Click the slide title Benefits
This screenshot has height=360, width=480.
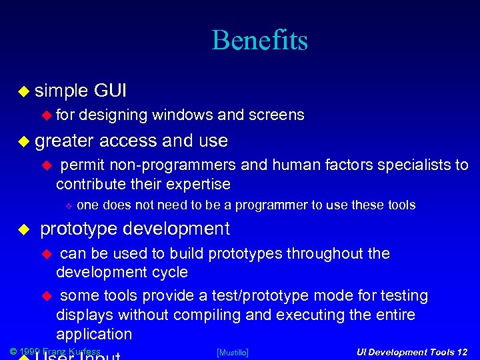260,41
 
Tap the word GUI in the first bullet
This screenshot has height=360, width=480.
111,90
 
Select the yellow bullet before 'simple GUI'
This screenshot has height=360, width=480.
23,91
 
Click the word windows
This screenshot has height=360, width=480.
182,115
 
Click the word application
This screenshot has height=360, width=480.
94,334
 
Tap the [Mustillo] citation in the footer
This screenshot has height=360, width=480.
233,352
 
